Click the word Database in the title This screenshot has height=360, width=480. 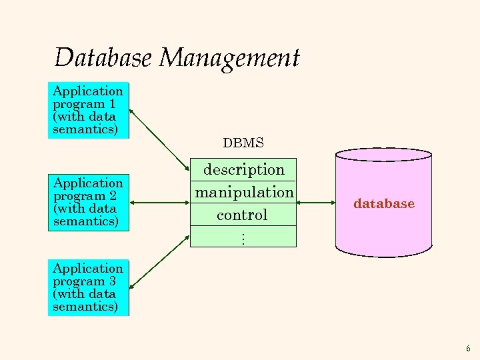104,58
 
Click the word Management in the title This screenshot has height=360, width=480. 229,59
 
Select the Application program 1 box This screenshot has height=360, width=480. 88,110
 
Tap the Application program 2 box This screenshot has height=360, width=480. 88,202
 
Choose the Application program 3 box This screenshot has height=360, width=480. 88,287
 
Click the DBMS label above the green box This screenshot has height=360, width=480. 243,143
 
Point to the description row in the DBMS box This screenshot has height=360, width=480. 243,170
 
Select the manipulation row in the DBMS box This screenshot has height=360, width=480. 243,193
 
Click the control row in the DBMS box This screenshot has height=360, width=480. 242,215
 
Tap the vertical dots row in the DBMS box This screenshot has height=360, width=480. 243,237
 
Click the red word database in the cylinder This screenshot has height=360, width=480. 384,204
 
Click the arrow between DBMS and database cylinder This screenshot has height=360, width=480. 315,203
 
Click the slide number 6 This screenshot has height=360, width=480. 468,349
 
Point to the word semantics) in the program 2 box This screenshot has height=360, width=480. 85,222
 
